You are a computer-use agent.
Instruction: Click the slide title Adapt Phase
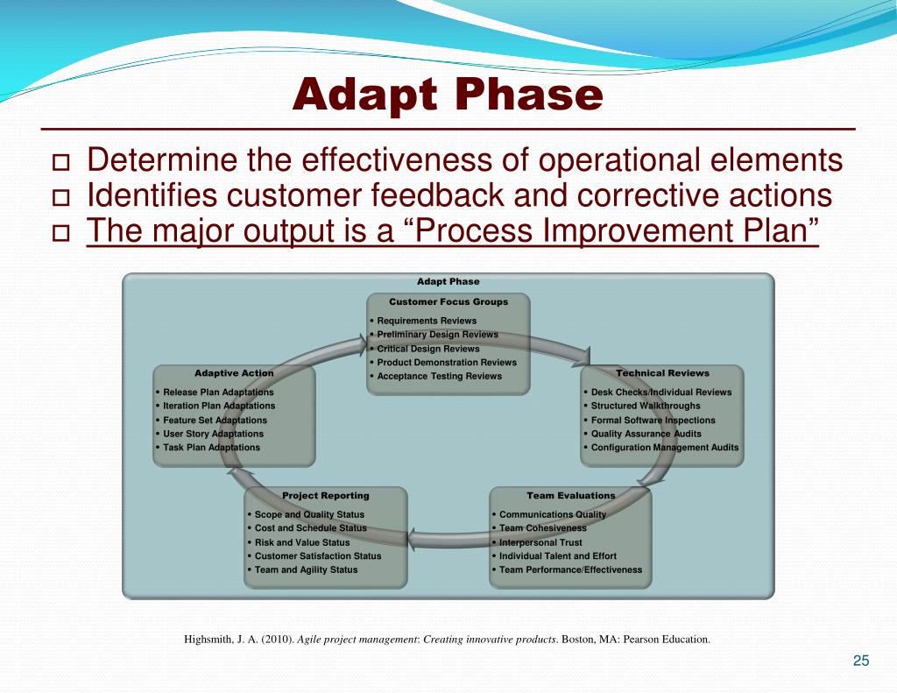pyautogui.click(x=448, y=95)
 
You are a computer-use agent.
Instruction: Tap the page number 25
pyautogui.click(x=861, y=661)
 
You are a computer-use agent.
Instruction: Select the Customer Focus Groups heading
pyautogui.click(x=448, y=301)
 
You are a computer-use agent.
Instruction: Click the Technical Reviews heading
pyautogui.click(x=662, y=373)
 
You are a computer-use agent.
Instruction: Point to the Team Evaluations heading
pyautogui.click(x=571, y=496)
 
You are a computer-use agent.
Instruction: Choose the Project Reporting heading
pyautogui.click(x=326, y=496)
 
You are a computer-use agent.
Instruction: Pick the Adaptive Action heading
pyautogui.click(x=234, y=373)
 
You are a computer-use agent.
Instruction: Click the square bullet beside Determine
pyautogui.click(x=60, y=163)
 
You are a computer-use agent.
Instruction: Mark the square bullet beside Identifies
pyautogui.click(x=60, y=198)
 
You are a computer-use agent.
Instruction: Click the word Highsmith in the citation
pyautogui.click(x=208, y=640)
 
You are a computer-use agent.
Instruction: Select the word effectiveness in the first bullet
pyautogui.click(x=397, y=159)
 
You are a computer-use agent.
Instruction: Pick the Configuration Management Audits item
pyautogui.click(x=665, y=448)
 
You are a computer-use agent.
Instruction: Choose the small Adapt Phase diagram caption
pyautogui.click(x=448, y=281)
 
